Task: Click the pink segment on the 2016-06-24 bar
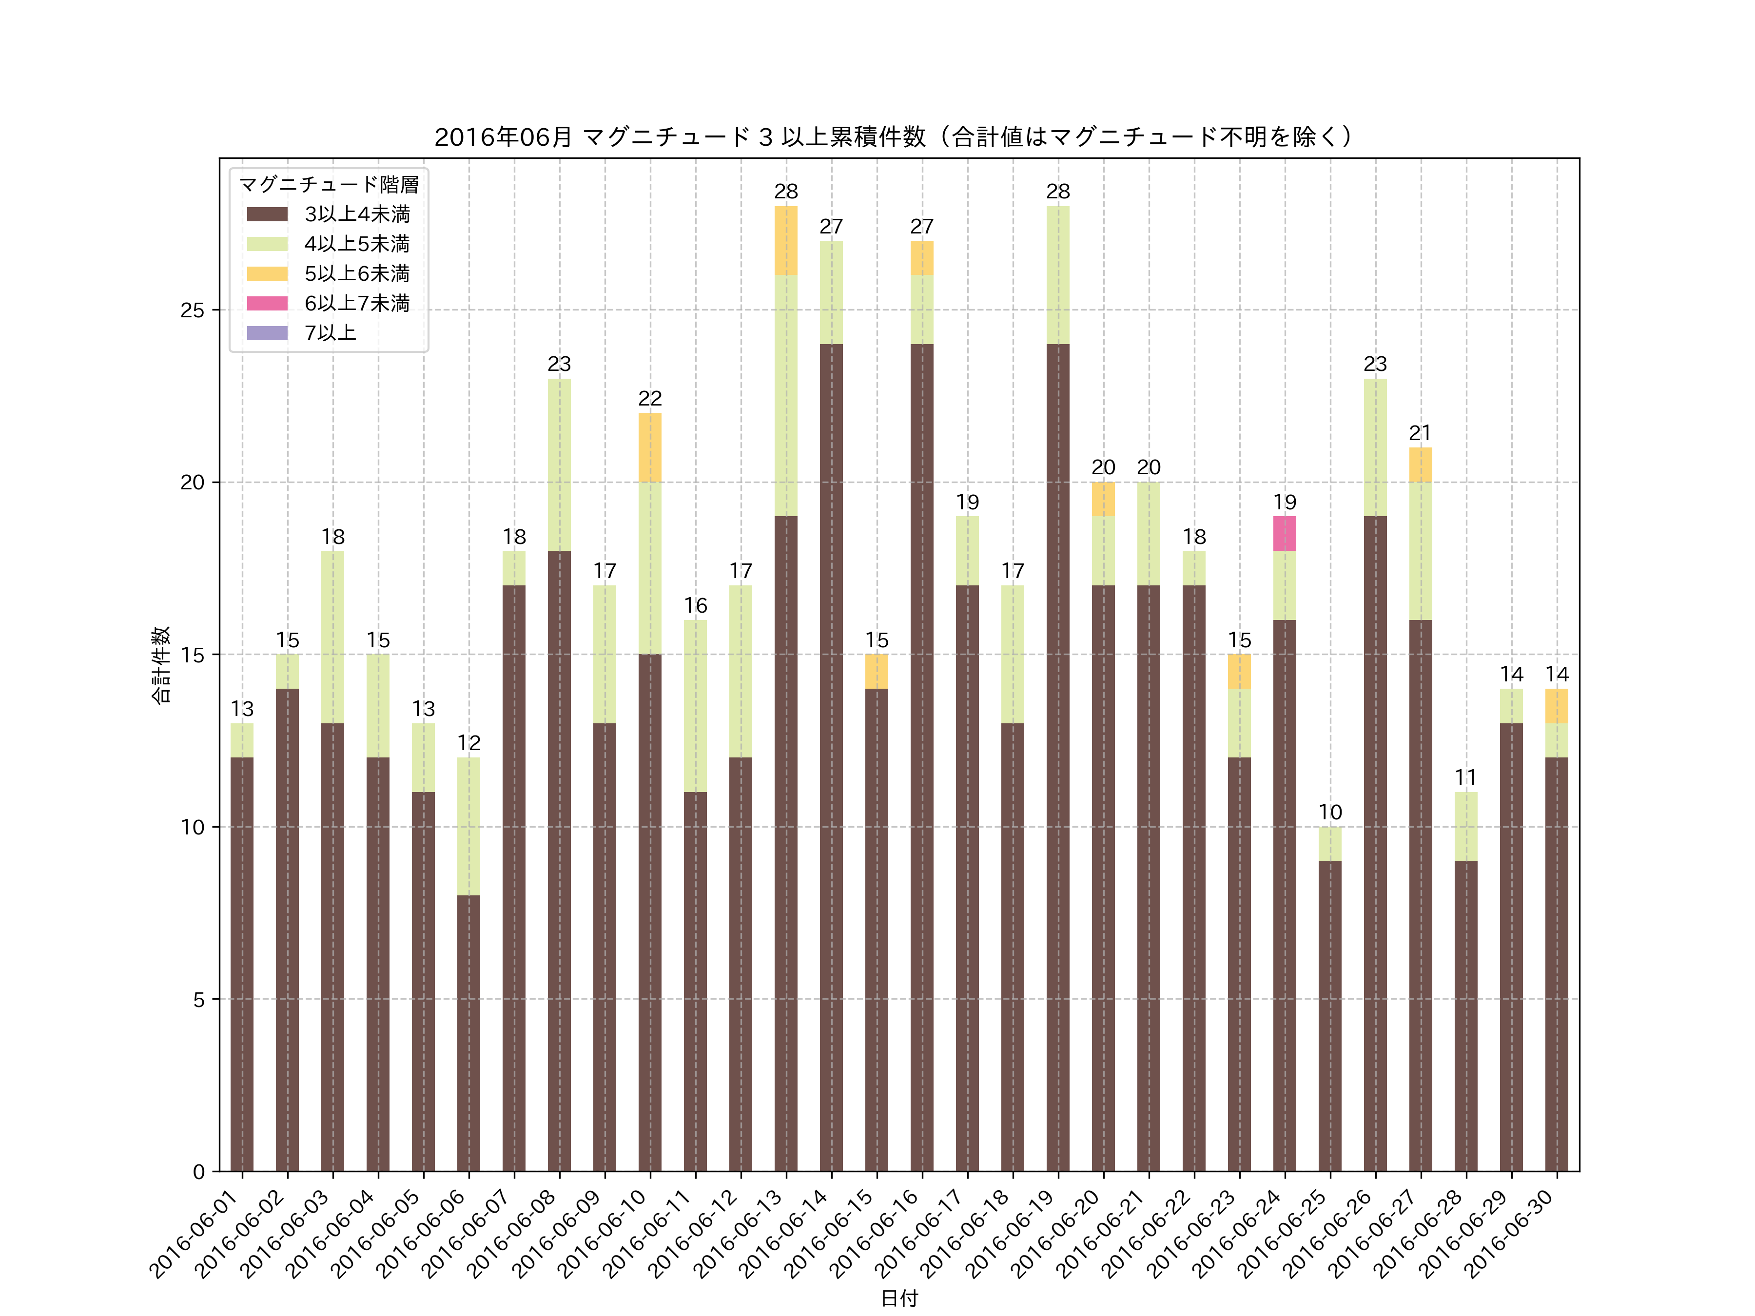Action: pos(1285,533)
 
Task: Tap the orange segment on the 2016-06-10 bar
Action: pos(650,447)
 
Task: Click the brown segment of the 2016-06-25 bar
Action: pos(1330,1015)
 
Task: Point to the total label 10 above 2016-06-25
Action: pos(1330,813)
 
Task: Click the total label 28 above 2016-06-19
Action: pos(1057,191)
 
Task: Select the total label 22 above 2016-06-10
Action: pos(650,398)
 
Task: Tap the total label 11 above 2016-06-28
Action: pos(1465,777)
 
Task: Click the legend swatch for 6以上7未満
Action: pos(267,303)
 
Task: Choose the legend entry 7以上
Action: pos(330,333)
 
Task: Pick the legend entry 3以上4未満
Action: pos(357,214)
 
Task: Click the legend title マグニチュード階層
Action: pos(329,185)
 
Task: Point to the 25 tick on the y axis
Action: pos(192,310)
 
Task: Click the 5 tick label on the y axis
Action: pos(198,1000)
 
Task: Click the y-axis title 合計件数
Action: pos(160,665)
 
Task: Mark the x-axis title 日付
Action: pos(899,1298)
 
